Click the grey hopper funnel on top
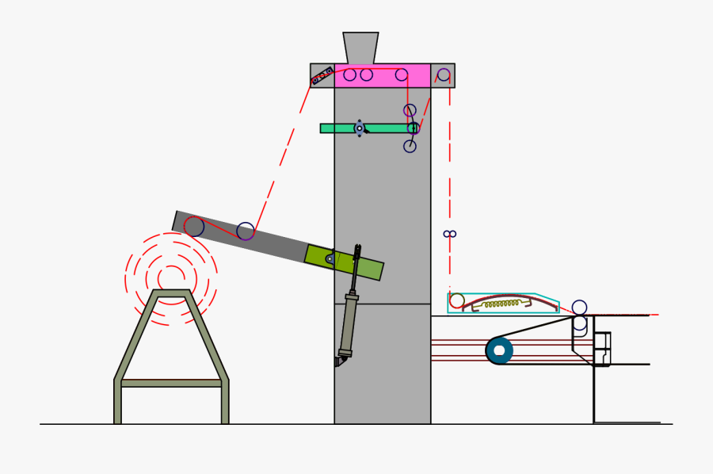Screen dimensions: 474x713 (360, 48)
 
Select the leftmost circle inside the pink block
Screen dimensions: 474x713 (349, 75)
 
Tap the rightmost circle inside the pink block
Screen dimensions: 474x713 (402, 75)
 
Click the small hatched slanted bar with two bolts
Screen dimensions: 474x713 (322, 76)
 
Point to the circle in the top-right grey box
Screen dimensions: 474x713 (444, 75)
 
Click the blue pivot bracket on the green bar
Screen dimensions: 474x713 (360, 128)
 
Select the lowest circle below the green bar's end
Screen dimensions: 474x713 (410, 146)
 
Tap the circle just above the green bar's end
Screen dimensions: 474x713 (410, 110)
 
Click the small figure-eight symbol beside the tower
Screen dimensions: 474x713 (450, 234)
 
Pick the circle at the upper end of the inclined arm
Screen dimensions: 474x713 (194, 227)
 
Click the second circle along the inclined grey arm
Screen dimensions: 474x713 (246, 231)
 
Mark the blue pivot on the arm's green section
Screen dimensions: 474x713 (330, 258)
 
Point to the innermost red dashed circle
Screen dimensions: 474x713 (171, 278)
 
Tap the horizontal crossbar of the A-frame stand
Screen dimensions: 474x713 (171, 383)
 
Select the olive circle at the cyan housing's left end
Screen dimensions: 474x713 (457, 300)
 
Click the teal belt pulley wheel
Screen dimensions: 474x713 (499, 350)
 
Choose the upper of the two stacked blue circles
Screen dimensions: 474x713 (580, 308)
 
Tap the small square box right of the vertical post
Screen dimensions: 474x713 (603, 341)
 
